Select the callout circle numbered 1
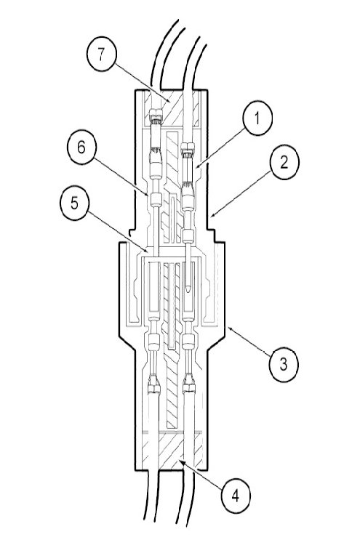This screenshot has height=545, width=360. pos(257,119)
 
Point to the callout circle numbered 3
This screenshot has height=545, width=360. pos(284,365)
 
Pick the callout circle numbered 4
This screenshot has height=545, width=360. pos(235,496)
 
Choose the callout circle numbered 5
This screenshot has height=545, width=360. pos(74,203)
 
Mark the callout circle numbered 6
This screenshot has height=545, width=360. pos(81,147)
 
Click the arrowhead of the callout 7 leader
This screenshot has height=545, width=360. pos(169,101)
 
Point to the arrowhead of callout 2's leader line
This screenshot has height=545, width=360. pos(212,217)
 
